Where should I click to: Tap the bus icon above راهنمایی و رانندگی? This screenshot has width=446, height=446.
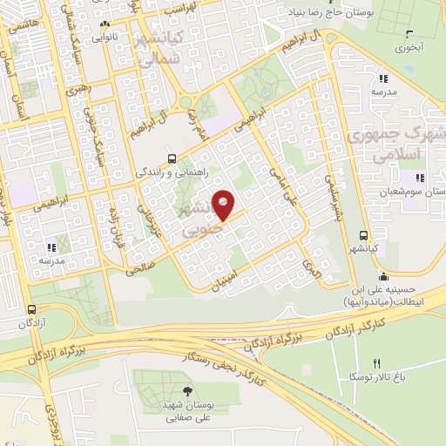(x=171, y=159)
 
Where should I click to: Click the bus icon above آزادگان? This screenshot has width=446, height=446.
(x=32, y=309)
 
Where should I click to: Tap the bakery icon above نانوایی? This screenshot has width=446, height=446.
(x=105, y=24)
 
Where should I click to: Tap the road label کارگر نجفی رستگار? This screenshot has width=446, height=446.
(x=221, y=359)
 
